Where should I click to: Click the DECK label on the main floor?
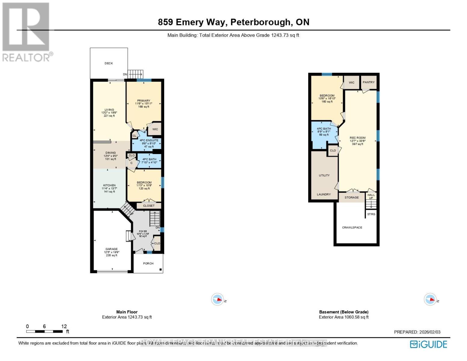(109, 63)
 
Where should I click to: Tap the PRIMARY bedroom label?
(143, 101)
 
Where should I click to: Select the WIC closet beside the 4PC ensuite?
(155, 129)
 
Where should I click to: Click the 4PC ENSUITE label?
(149, 140)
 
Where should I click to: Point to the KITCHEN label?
(109, 186)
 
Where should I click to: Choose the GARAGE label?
(111, 249)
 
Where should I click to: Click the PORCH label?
(148, 264)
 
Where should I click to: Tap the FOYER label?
(143, 231)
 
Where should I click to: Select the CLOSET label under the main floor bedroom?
(149, 206)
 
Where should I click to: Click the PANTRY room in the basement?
(368, 82)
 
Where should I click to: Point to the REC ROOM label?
(358, 138)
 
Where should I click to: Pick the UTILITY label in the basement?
(324, 175)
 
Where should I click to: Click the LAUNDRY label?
(324, 195)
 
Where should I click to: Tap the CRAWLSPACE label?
(352, 228)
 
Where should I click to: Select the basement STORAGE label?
(352, 198)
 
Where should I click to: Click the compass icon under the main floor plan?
(218, 300)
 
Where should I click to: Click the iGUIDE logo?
(429, 344)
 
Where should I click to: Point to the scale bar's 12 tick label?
(64, 326)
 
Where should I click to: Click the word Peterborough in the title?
(262, 22)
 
